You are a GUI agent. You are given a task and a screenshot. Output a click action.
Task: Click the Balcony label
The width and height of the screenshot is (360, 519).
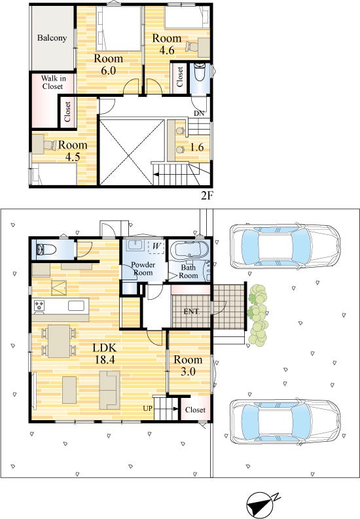pyautogui.click(x=52, y=38)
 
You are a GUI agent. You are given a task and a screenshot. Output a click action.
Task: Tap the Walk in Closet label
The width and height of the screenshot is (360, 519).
pyautogui.click(x=53, y=82)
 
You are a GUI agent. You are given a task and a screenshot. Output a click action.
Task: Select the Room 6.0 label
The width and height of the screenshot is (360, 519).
pyautogui.click(x=108, y=65)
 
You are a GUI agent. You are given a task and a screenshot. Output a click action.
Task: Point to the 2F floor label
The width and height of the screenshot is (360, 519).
pyautogui.click(x=206, y=196)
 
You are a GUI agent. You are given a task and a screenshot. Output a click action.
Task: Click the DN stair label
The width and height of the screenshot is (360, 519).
pyautogui.click(x=199, y=113)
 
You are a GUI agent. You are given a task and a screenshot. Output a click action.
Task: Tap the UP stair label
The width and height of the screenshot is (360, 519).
pyautogui.click(x=147, y=408)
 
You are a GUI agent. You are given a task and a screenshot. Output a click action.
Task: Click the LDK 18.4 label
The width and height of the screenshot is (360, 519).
pyautogui.click(x=105, y=353)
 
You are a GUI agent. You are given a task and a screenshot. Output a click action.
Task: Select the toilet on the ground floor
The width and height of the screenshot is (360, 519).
pyautogui.click(x=46, y=249)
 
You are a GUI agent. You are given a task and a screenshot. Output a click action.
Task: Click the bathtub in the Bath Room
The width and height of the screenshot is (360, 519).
pyautogui.click(x=190, y=249)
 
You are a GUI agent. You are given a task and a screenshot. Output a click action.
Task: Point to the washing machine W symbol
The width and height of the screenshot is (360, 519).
pyautogui.click(x=156, y=247)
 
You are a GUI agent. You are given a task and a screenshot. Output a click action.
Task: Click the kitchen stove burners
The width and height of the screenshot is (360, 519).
pyautogui.click(x=39, y=305)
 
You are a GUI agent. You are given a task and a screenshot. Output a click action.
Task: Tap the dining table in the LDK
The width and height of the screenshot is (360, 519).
pyautogui.click(x=59, y=341)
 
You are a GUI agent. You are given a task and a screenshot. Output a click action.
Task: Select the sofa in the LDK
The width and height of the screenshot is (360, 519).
pyautogui.click(x=110, y=390)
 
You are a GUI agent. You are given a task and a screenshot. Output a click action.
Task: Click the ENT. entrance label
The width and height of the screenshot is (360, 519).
pyautogui.click(x=192, y=312)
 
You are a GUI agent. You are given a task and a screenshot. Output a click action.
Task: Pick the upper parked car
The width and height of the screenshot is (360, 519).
pyautogui.click(x=285, y=247)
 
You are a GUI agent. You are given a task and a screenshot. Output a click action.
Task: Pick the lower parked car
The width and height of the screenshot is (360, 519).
pyautogui.click(x=285, y=421)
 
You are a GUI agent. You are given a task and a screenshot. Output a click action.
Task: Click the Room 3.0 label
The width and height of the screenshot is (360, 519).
pyautogui.click(x=188, y=365)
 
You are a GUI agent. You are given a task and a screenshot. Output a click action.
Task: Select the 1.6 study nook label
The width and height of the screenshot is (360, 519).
pyautogui.click(x=196, y=147)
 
